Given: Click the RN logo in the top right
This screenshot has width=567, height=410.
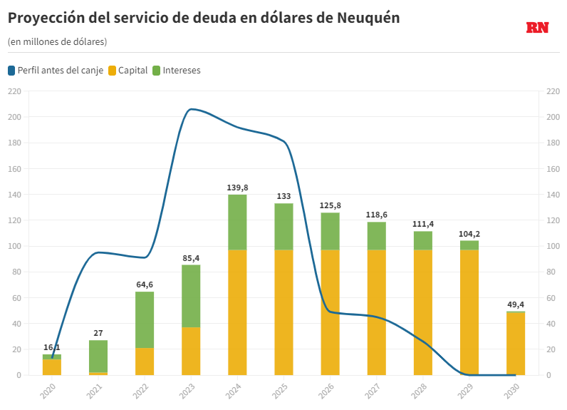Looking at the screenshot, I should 537,28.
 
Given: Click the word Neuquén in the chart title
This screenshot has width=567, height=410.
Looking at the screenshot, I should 366,19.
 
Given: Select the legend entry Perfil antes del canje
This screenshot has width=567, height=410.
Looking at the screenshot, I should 56,71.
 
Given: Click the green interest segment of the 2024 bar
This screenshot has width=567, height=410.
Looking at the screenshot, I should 237,222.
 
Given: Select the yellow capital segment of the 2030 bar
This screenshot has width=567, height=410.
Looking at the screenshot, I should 516,344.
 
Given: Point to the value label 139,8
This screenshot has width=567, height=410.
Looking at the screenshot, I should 237,188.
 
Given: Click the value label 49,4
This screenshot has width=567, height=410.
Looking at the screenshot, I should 516,304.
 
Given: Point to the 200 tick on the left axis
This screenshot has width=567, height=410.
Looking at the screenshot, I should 14,117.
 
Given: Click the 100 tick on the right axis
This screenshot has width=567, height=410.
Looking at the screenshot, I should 553,246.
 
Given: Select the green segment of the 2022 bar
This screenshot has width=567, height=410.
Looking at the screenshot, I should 145,319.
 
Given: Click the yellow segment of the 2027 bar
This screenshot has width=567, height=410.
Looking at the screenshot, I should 377,312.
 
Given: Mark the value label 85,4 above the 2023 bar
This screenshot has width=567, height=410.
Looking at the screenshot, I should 191,257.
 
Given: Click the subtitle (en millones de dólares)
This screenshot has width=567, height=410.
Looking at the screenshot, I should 57,42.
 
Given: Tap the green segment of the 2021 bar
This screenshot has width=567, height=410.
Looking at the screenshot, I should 98,356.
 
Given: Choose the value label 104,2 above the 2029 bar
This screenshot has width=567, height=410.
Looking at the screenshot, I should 469,233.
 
